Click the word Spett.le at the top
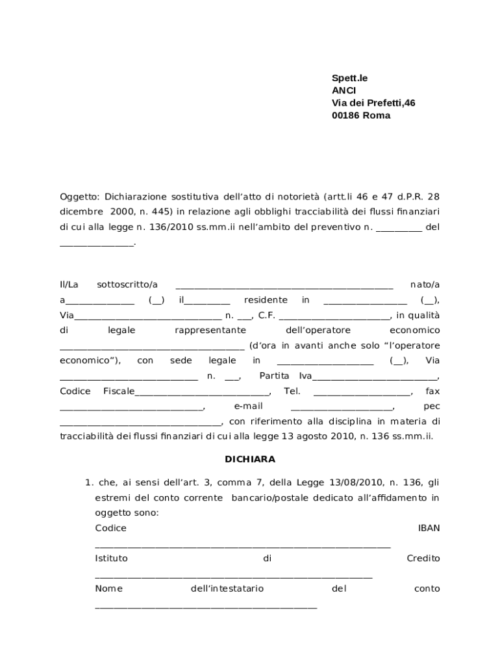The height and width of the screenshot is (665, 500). [x=349, y=78]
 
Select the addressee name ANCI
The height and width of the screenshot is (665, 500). [x=344, y=90]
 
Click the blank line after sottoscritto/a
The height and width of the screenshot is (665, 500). [x=284, y=286]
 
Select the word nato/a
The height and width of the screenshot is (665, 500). [x=425, y=284]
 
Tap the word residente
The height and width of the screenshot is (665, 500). [x=266, y=300]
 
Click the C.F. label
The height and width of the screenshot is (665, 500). [x=267, y=316]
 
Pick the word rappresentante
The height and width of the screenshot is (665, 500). [x=210, y=331]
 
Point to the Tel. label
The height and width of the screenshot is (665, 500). [x=292, y=392]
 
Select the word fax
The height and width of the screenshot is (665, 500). [x=432, y=392]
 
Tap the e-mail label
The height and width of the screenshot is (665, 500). [x=247, y=407]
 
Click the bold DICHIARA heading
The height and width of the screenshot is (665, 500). [x=250, y=459]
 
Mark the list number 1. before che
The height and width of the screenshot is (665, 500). [x=89, y=483]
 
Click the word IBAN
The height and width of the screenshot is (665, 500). [x=429, y=528]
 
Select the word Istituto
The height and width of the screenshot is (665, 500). [x=111, y=558]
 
